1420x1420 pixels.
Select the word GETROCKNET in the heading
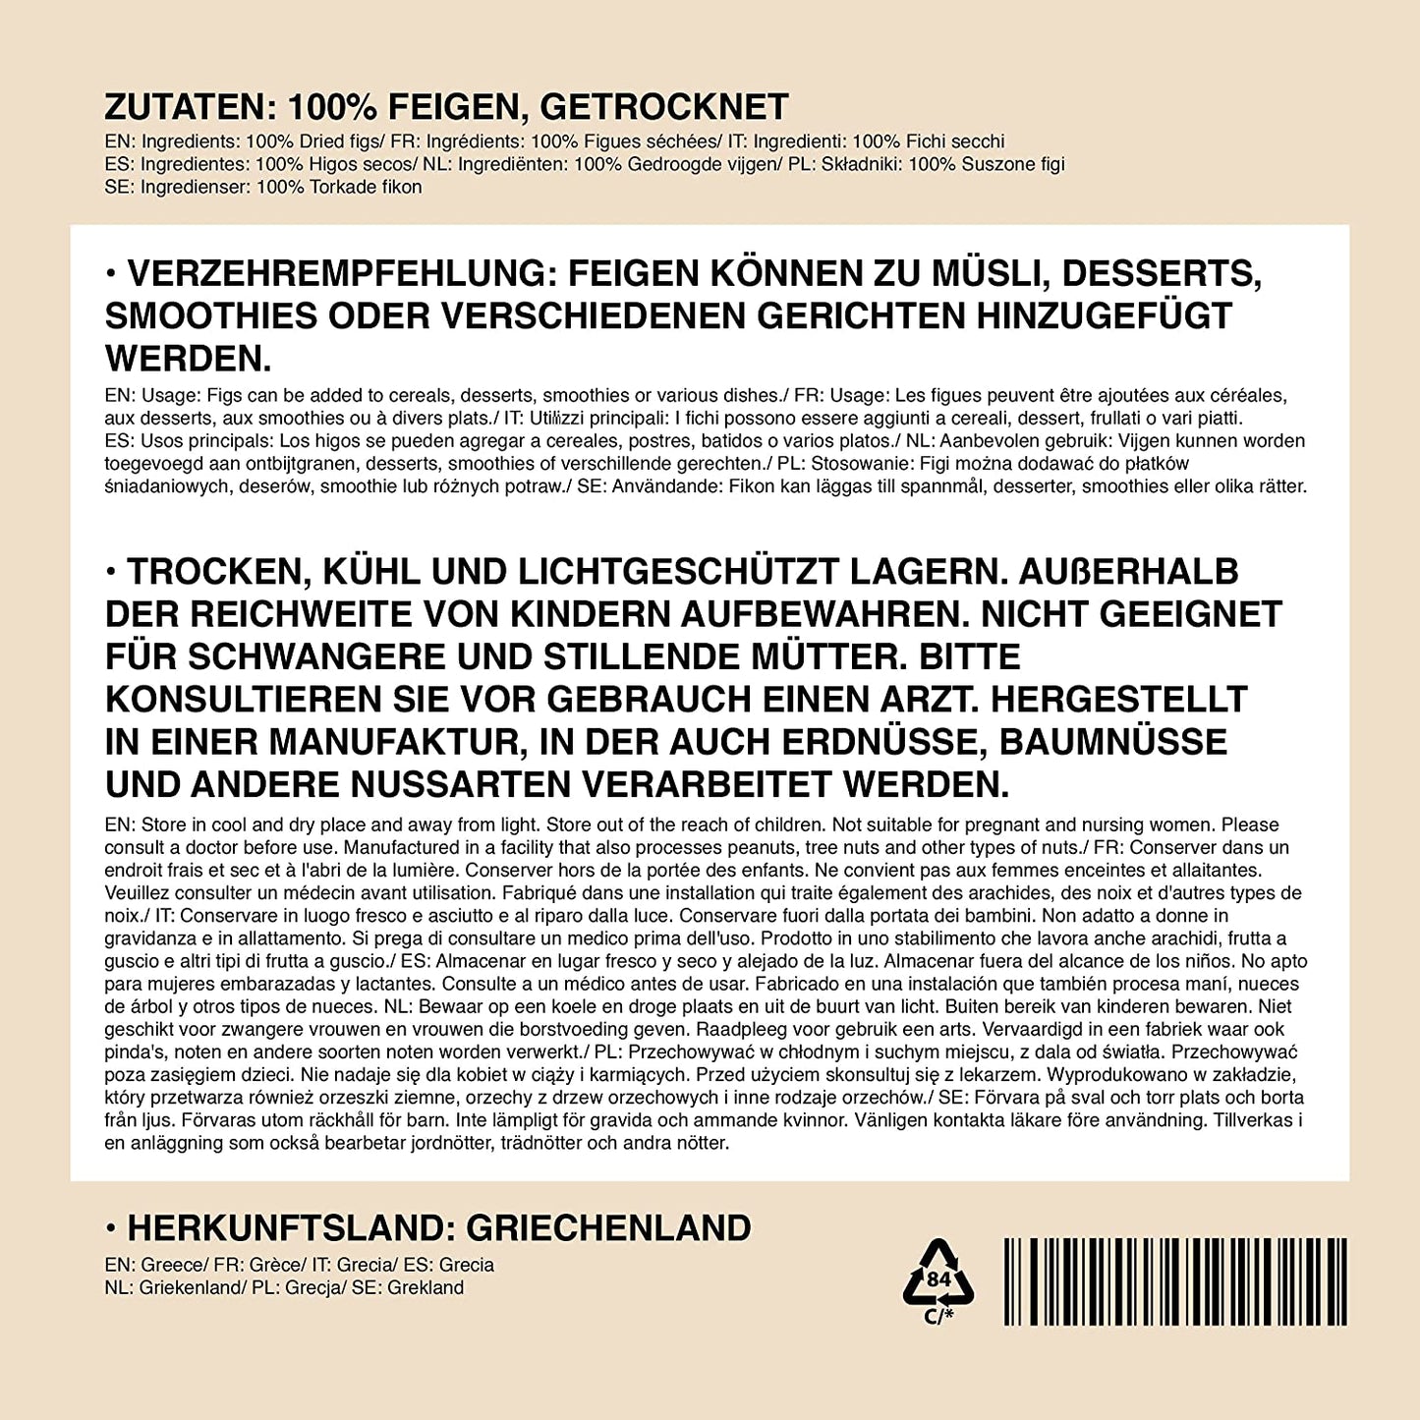(665, 107)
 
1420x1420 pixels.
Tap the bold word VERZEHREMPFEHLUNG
(343, 273)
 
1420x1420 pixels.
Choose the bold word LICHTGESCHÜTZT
(678, 572)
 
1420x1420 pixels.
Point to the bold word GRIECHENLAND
(608, 1228)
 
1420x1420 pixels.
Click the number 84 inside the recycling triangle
(939, 1279)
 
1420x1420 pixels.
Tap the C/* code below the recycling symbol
(939, 1317)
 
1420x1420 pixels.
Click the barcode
(1175, 1281)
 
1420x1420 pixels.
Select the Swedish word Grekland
(426, 1288)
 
